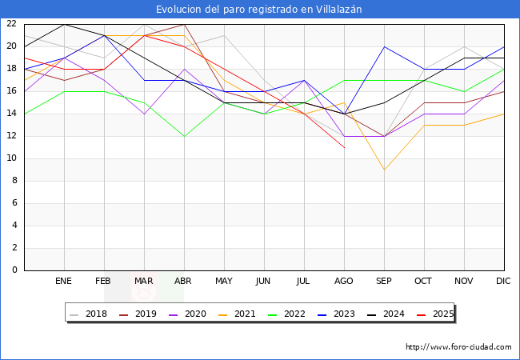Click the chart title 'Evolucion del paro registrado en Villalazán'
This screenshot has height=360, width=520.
click(x=259, y=9)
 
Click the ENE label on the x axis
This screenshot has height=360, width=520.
click(x=64, y=282)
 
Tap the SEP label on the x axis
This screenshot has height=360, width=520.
click(x=384, y=282)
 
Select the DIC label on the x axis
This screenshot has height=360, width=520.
click(x=503, y=282)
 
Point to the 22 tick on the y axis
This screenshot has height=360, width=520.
click(x=12, y=24)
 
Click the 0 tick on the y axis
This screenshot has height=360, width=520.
click(x=15, y=270)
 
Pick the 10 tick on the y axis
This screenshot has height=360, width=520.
click(x=12, y=158)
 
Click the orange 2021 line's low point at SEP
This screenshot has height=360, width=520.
click(x=384, y=170)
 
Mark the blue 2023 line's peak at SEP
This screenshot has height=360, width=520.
click(x=384, y=46)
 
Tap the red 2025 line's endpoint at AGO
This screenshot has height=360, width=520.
click(x=344, y=147)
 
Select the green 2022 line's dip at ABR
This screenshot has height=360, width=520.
click(x=184, y=136)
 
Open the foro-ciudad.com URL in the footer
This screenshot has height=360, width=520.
click(x=458, y=347)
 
